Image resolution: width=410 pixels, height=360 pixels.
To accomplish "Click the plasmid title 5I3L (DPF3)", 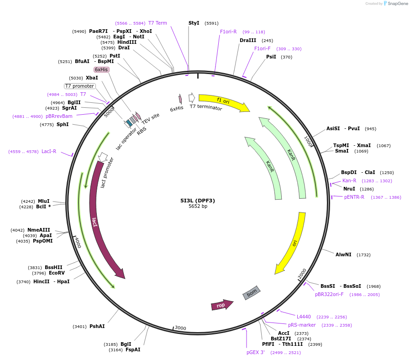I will (198, 200).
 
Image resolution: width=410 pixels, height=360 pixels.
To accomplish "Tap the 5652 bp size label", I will (198, 206).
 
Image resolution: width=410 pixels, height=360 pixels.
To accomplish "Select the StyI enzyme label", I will (194, 23).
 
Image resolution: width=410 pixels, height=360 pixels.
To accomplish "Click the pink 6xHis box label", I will (101, 69).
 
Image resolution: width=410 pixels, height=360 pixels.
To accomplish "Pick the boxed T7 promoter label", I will (80, 86).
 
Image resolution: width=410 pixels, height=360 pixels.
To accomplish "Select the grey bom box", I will (252, 292).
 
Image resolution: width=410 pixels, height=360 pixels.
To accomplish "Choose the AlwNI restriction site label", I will (343, 254).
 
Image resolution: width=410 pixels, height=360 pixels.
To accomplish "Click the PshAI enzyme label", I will (97, 326).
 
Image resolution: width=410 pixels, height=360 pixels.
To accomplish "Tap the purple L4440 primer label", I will (304, 317).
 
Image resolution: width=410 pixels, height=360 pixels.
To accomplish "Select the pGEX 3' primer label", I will (256, 352).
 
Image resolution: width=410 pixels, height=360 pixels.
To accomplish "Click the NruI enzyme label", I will (349, 189).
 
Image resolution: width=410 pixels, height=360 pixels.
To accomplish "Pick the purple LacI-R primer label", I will (49, 151).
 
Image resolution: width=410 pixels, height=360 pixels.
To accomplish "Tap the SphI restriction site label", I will (63, 124).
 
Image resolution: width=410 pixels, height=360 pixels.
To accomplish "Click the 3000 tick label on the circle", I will (181, 328).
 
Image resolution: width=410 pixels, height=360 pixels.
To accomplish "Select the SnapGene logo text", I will (397, 4).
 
